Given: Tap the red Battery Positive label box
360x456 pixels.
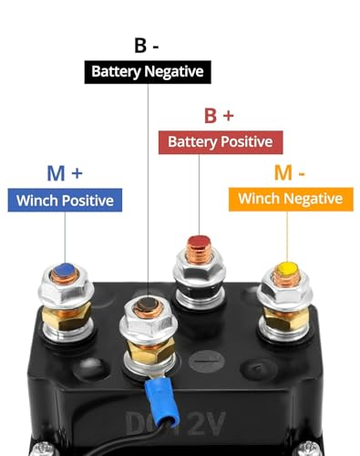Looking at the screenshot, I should [220, 141].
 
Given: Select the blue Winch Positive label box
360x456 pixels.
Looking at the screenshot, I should [66, 201].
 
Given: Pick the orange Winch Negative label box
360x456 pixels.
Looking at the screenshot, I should [290, 198].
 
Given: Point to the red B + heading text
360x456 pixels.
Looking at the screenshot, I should [219, 116].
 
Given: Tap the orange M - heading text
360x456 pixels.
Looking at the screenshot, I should [291, 171].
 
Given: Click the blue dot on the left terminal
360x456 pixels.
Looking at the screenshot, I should [63, 270].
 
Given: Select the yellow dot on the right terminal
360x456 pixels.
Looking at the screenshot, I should [286, 269].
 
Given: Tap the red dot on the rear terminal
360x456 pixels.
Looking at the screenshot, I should [199, 244].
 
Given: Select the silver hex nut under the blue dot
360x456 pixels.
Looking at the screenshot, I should [62, 292].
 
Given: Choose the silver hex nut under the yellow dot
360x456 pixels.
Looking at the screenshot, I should [286, 292].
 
